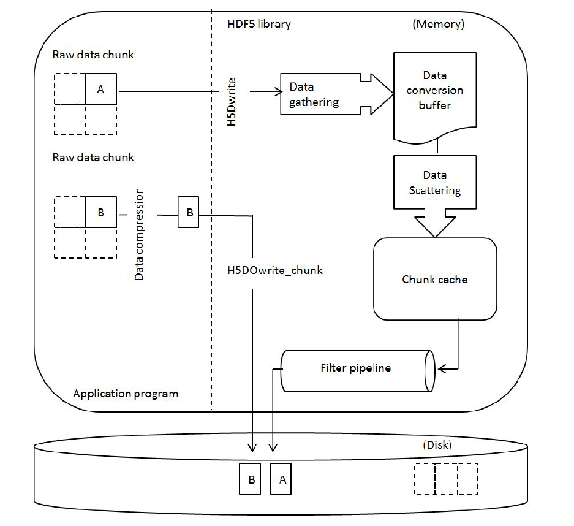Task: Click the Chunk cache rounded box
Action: (434, 280)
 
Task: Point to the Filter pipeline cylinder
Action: (356, 369)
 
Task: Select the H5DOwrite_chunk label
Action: (275, 269)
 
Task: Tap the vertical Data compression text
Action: (140, 235)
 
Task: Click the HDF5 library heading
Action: (259, 25)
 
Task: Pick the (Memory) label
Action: (439, 25)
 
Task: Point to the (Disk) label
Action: (437, 445)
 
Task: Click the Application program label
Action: (126, 393)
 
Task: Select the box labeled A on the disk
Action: (282, 479)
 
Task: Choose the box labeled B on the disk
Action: (251, 479)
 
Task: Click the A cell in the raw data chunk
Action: (100, 90)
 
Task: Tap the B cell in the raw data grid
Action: (100, 213)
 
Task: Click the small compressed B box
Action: (189, 213)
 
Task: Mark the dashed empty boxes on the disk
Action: (446, 479)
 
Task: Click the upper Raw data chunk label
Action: (93, 55)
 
